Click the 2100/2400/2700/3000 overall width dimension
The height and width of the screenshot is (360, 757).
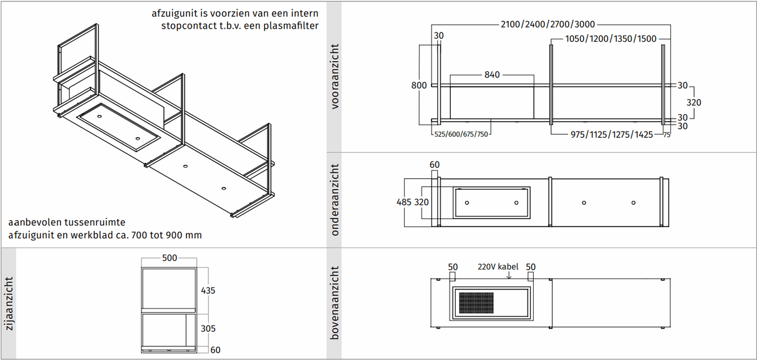(x=547, y=25)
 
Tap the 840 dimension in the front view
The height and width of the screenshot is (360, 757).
(x=492, y=75)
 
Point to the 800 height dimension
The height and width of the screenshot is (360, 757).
(x=420, y=85)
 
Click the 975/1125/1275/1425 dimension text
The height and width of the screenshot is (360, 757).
(x=612, y=134)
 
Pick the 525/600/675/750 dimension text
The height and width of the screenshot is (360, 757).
(x=461, y=134)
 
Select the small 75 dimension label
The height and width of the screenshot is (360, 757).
(x=667, y=135)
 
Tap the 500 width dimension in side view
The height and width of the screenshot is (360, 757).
(x=170, y=258)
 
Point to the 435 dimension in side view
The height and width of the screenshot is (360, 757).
(x=209, y=291)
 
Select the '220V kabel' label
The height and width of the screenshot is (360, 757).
(x=498, y=266)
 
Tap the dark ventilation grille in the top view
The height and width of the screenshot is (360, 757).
(x=476, y=303)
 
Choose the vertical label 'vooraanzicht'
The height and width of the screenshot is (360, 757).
(x=335, y=77)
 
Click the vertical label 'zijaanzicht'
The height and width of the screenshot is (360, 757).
(x=9, y=304)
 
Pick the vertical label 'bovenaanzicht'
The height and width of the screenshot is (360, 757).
(x=335, y=303)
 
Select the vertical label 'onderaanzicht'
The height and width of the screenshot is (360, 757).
(x=335, y=200)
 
